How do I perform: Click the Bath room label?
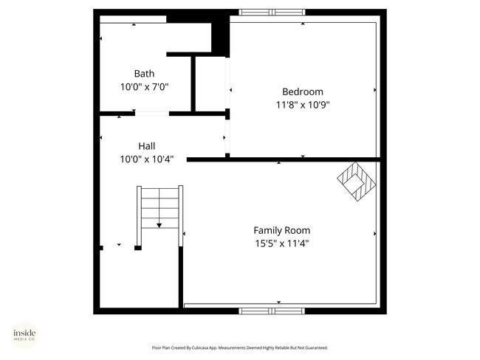pyautogui.click(x=144, y=74)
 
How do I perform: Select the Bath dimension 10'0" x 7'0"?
pyautogui.click(x=144, y=86)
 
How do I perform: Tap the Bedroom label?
pyautogui.click(x=303, y=91)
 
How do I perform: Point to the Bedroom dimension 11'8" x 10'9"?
pyautogui.click(x=303, y=104)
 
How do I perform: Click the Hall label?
pyautogui.click(x=146, y=146)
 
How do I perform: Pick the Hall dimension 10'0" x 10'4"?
pyautogui.click(x=146, y=159)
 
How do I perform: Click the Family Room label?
pyautogui.click(x=282, y=229)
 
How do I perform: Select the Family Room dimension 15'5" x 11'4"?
pyautogui.click(x=282, y=243)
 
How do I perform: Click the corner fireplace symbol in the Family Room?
pyautogui.click(x=357, y=180)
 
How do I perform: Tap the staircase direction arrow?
pyautogui.click(x=160, y=226)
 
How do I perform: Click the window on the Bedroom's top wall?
pyautogui.click(x=272, y=12)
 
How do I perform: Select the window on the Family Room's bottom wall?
pyautogui.click(x=272, y=311)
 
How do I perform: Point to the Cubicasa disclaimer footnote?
pyautogui.click(x=240, y=347)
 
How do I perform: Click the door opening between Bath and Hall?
pyautogui.click(x=151, y=114)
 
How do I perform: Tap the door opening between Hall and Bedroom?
pyautogui.click(x=227, y=136)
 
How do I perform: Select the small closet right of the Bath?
pyautogui.click(x=210, y=83)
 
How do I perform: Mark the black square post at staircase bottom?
pyautogui.click(x=137, y=248)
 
